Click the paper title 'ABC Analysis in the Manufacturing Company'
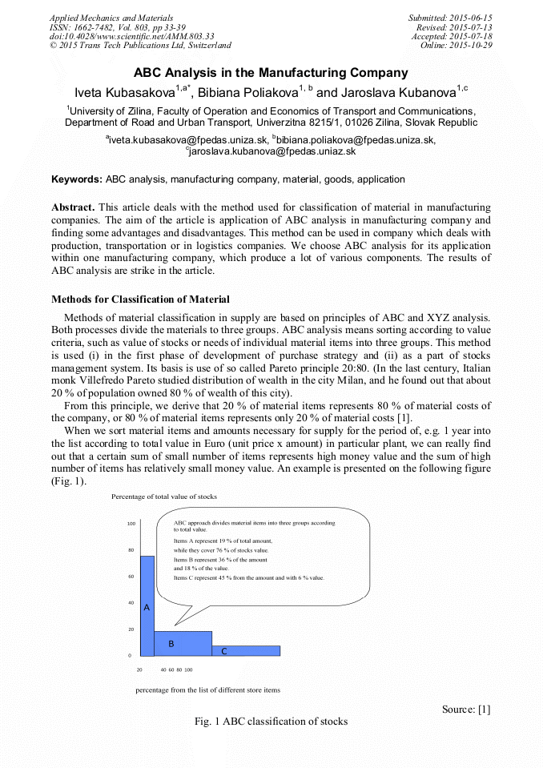(x=271, y=73)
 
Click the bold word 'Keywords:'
(x=77, y=179)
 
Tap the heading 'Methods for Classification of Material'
(x=140, y=300)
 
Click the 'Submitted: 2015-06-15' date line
(x=449, y=17)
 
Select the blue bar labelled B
(x=183, y=643)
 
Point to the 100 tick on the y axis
(x=131, y=524)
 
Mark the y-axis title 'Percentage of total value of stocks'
(x=164, y=497)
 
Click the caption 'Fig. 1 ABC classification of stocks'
(x=271, y=722)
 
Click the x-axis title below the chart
(x=207, y=689)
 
